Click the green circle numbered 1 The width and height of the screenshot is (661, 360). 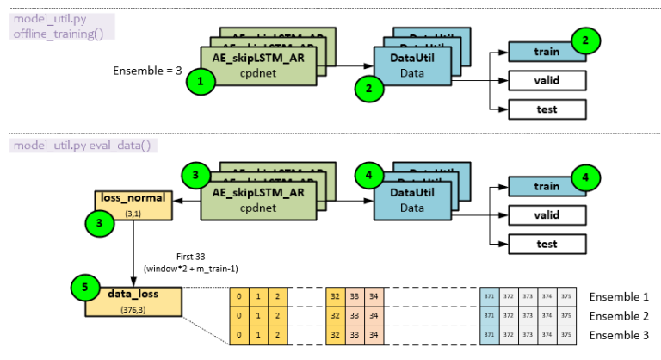(x=202, y=82)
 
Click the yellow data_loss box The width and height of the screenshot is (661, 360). (x=133, y=301)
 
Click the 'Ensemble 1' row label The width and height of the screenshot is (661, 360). (x=619, y=296)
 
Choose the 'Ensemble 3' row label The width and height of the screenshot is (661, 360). (x=619, y=334)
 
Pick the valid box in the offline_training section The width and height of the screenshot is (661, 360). (x=547, y=80)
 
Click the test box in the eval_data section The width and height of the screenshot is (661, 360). (x=547, y=244)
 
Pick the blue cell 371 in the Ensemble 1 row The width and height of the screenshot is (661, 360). (x=490, y=296)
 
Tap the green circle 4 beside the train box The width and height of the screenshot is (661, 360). (x=585, y=179)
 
